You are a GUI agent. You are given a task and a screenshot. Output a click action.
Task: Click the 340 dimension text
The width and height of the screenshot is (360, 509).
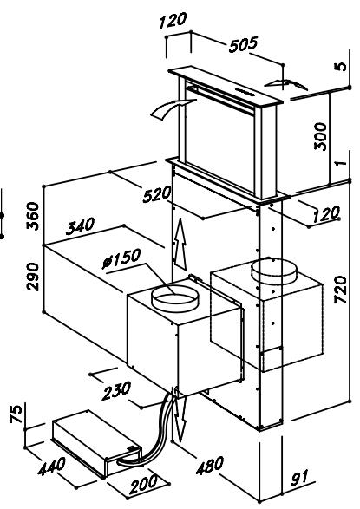81,230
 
